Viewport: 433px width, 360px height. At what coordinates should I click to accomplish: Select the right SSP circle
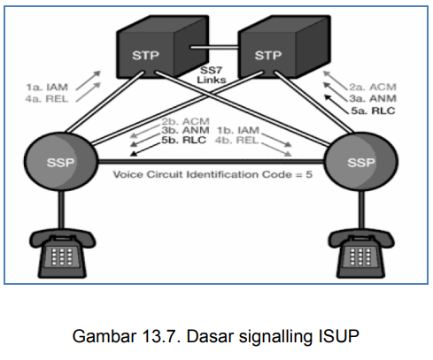(360, 165)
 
